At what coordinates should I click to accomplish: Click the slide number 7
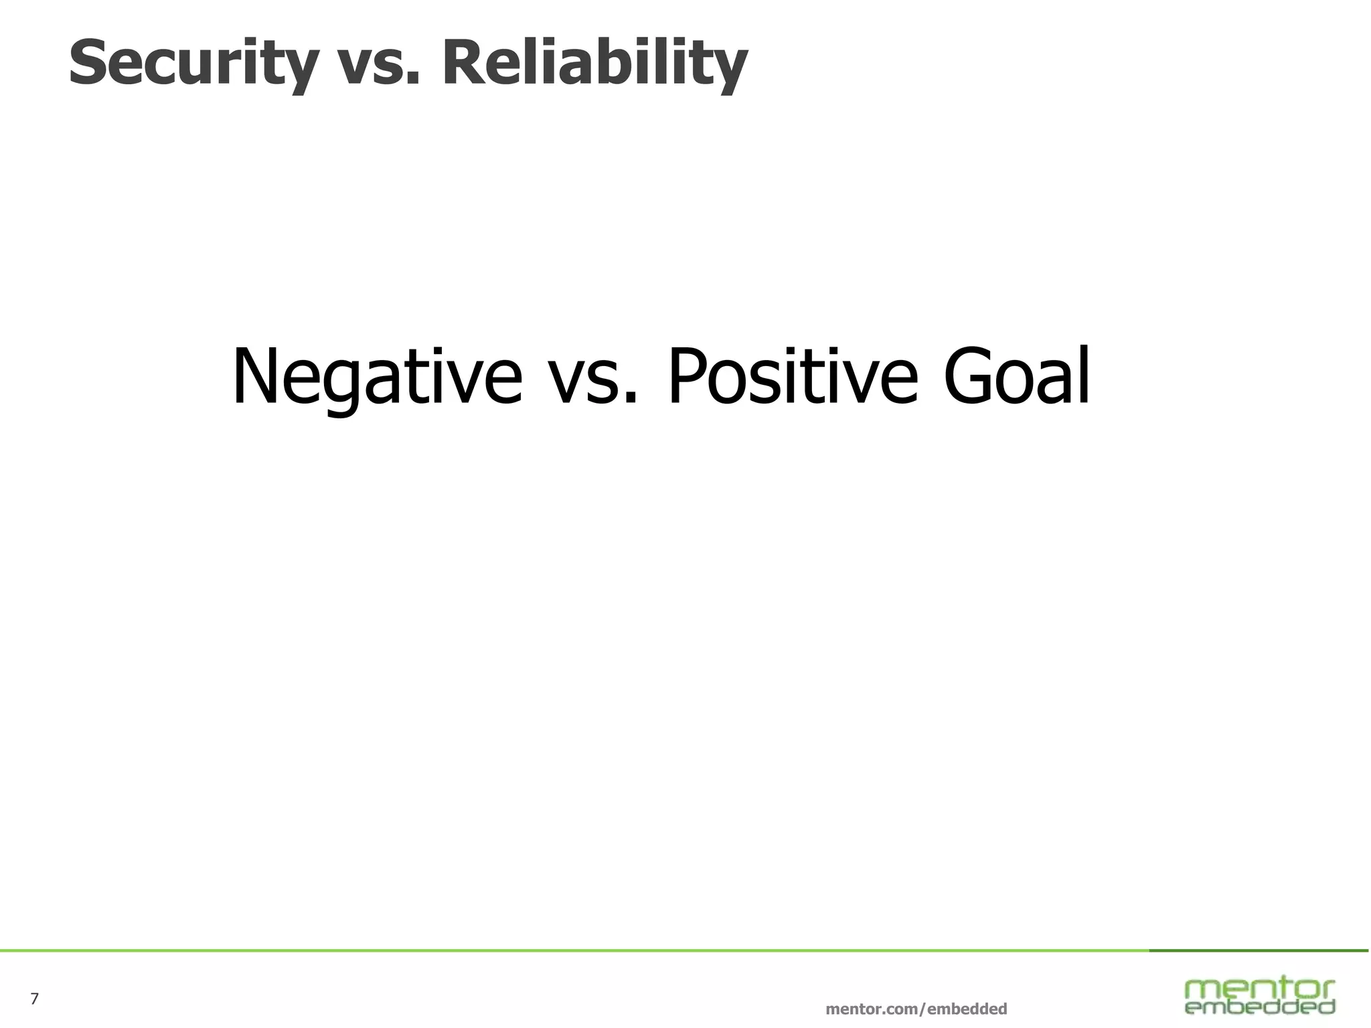tap(35, 999)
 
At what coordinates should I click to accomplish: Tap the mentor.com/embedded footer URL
tap(916, 1009)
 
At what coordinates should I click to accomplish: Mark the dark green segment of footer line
tap(1259, 950)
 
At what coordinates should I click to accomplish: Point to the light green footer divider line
tap(569, 950)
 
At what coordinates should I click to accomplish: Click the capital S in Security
tap(87, 62)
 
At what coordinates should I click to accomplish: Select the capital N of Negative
tap(253, 376)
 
